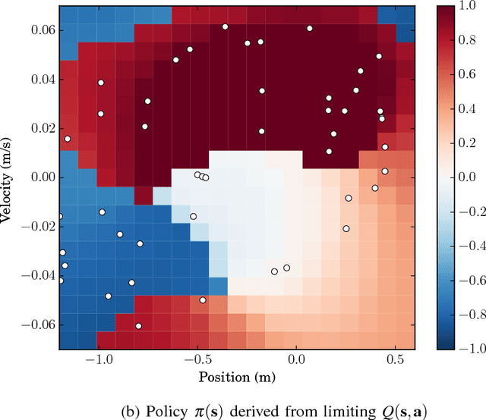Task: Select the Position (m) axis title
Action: [237, 377]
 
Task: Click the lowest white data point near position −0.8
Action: [138, 326]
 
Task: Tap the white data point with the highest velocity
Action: [225, 27]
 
